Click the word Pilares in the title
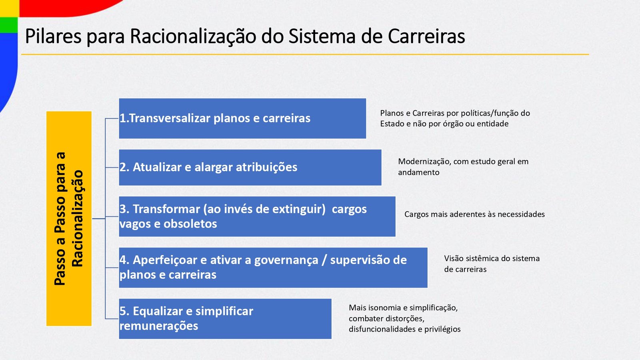pos(54,36)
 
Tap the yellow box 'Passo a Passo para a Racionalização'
pos(69,218)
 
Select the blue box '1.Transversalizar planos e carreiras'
pos(242,118)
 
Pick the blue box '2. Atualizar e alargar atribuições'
pos(250,168)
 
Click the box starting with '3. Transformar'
pos(257,216)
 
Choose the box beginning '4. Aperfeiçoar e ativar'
pos(273,268)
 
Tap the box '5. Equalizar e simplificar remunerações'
pos(225,319)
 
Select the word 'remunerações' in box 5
pos(158,326)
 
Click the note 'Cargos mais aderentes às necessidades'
pos(474,214)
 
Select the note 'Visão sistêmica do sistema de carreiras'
pos(492,264)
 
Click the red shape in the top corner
pos(68,7)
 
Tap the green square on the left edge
pos(9,25)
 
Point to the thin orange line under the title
pos(305,54)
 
